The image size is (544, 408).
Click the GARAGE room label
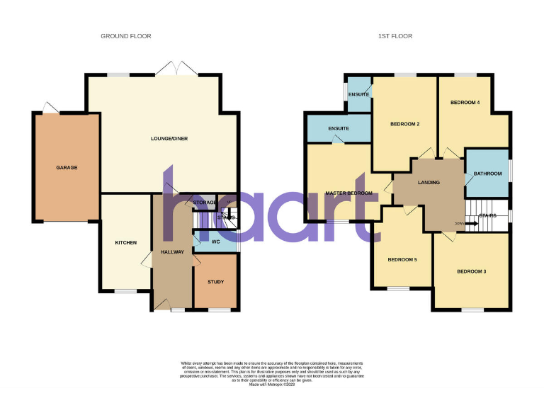pyautogui.click(x=67, y=168)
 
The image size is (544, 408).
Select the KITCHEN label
pyautogui.click(x=126, y=243)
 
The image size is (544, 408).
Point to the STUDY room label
pyautogui.click(x=216, y=282)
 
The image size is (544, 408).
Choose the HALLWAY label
pyautogui.click(x=172, y=251)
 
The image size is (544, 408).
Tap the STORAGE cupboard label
pyautogui.click(x=205, y=203)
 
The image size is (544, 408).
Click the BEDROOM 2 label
pyautogui.click(x=405, y=125)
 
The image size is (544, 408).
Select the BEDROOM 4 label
pyautogui.click(x=465, y=103)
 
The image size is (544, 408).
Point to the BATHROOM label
pyautogui.click(x=488, y=174)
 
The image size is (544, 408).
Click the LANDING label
pyautogui.click(x=429, y=183)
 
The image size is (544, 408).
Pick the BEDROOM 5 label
pyautogui.click(x=402, y=260)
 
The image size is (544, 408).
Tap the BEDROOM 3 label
pyautogui.click(x=471, y=272)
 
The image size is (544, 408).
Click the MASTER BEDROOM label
pyautogui.click(x=348, y=193)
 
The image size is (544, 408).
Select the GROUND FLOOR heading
pyautogui.click(x=126, y=36)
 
